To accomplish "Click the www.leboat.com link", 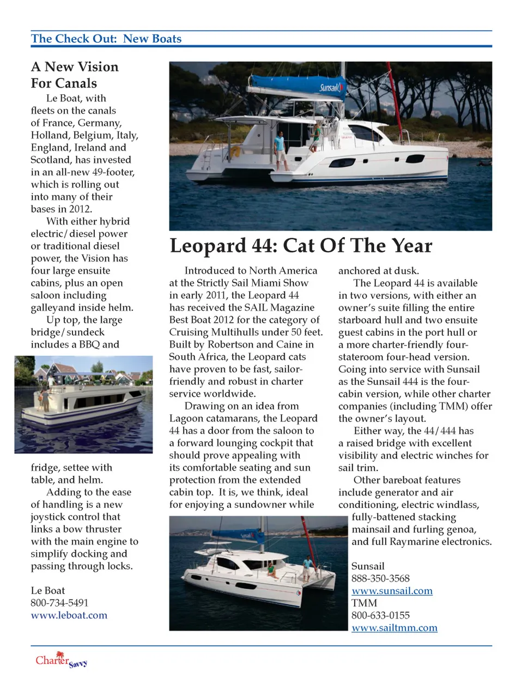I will (x=69, y=615).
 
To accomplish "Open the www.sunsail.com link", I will (x=392, y=591).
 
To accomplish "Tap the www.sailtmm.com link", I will (x=394, y=628).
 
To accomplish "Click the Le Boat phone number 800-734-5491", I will (x=59, y=603).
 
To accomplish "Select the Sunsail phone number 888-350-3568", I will (x=380, y=578).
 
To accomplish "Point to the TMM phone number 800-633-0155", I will (x=380, y=615).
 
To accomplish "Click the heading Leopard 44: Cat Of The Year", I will (x=301, y=246).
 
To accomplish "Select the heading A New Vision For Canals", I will (x=75, y=75).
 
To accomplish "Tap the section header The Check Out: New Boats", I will (x=106, y=39).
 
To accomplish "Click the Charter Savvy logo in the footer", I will (x=60, y=660).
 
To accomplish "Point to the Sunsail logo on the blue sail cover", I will (x=329, y=87).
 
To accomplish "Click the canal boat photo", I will (x=83, y=404).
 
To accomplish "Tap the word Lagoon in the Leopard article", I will (x=186, y=419).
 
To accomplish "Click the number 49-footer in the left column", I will (x=113, y=172).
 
